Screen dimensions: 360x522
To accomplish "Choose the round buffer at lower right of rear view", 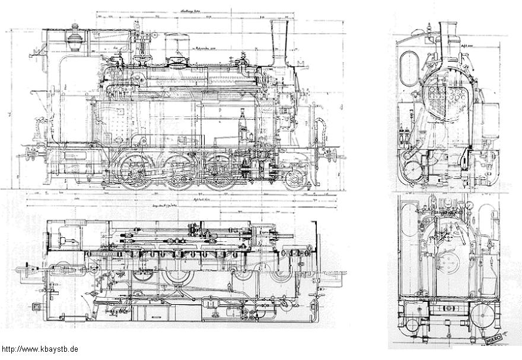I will pos(480,311).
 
